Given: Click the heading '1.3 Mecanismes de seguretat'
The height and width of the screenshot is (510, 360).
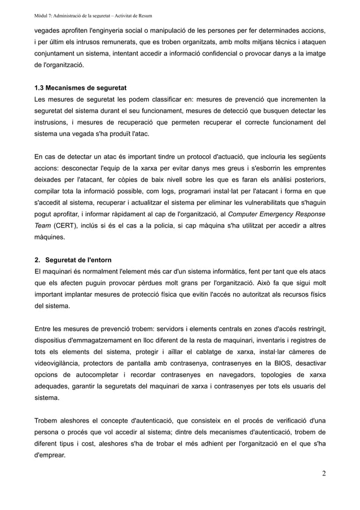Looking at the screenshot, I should (x=80, y=89).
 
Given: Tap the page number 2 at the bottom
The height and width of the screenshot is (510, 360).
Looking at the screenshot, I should (x=323, y=473).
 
